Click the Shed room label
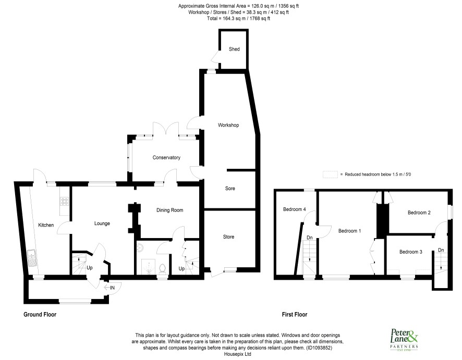point(234,49)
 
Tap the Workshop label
point(228,125)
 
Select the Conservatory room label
point(166,157)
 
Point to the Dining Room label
point(169,210)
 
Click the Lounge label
point(102,224)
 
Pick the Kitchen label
point(46,225)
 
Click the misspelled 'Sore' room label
point(230,189)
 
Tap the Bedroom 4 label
point(294,209)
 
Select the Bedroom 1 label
point(349,231)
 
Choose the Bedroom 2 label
point(419,213)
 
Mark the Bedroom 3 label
point(411,252)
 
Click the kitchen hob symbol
point(65,201)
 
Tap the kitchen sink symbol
point(31,257)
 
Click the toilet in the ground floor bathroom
point(162,269)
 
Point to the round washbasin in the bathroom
point(140,249)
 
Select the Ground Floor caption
point(40,314)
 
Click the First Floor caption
point(294,314)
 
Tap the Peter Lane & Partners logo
point(404,339)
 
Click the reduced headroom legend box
point(330,174)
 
